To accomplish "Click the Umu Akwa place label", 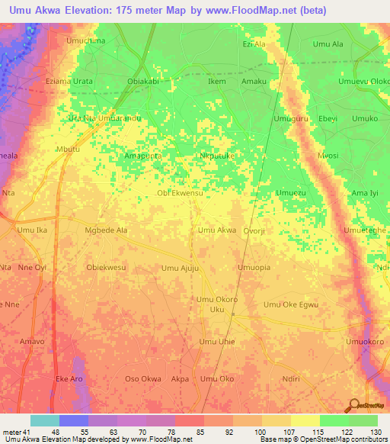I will pos(216,230).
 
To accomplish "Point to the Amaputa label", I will pos(142,155).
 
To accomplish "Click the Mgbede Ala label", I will pos(107,230).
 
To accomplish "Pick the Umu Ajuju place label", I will pos(180,268).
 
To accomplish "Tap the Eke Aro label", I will pos(69,378).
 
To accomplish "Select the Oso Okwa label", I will pos(142,378).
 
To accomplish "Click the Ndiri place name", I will pos(292,378).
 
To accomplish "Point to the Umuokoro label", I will pos(365,342).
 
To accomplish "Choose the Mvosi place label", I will pos(328,155).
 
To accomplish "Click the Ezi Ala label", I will pos(254,44).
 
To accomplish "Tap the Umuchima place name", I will pos(85,40).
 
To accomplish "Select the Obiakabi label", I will pos(142,81).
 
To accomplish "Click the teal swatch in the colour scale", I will pos(44,420).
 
